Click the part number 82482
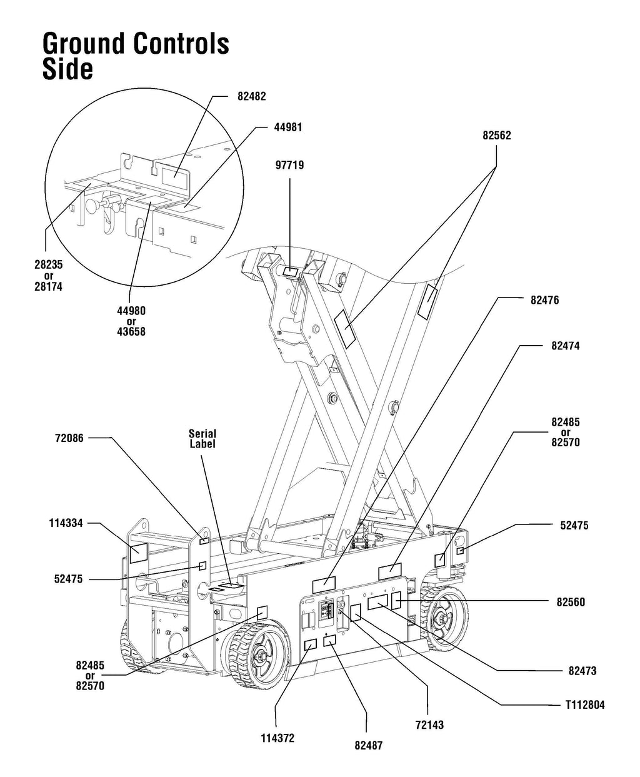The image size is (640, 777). click(x=251, y=97)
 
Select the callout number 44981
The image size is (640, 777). click(x=288, y=127)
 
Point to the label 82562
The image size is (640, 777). click(x=497, y=135)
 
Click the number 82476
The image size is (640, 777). click(x=544, y=300)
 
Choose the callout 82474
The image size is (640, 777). click(x=565, y=345)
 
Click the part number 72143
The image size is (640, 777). click(x=429, y=725)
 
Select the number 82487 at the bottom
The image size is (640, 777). click(x=368, y=745)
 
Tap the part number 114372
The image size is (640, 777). click(x=277, y=738)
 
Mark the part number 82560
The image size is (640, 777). click(x=571, y=602)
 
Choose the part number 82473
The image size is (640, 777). click(x=582, y=671)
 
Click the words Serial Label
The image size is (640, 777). click(x=202, y=439)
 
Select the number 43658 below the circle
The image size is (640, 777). click(x=131, y=332)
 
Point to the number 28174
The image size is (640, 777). click(x=48, y=286)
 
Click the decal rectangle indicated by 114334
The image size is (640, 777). click(x=138, y=552)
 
